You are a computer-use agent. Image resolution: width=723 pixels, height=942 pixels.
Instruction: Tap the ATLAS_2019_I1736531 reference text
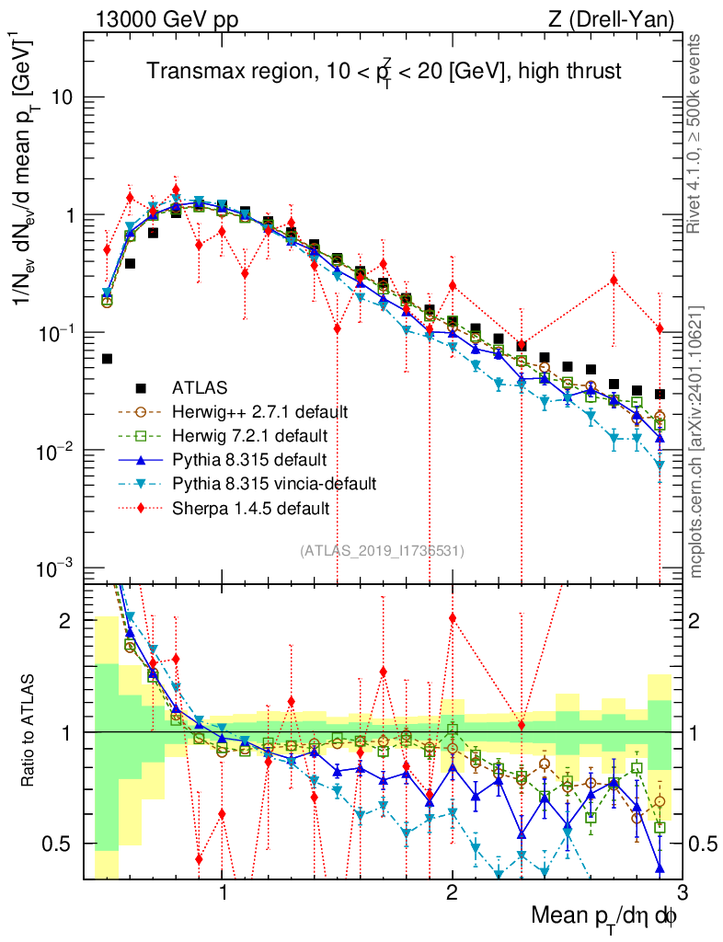382,551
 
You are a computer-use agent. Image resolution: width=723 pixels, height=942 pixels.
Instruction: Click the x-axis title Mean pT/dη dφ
605,916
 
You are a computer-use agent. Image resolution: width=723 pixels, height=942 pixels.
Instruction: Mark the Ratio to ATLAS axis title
32,731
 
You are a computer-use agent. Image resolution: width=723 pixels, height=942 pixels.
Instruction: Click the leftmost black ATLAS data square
107,359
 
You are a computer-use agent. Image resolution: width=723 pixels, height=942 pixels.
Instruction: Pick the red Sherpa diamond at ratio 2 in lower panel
452,618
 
